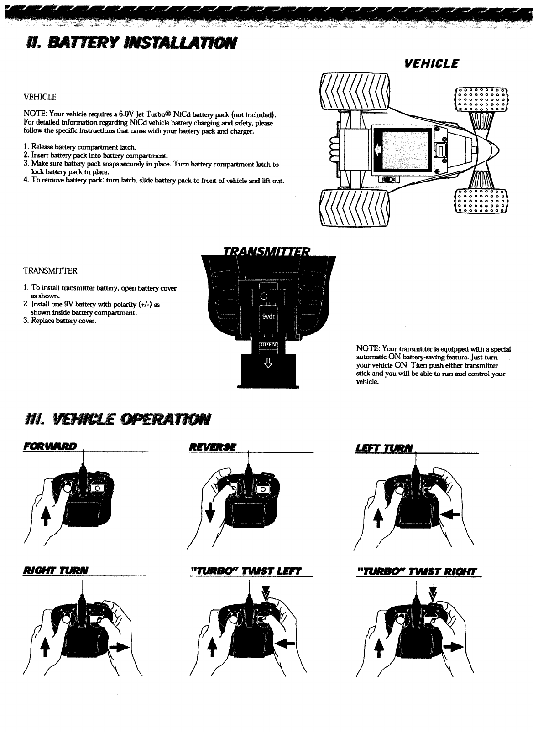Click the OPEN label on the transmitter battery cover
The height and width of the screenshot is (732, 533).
point(268,345)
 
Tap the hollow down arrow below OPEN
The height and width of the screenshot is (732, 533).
point(268,362)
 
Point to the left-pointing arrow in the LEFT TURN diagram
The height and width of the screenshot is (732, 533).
point(451,514)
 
